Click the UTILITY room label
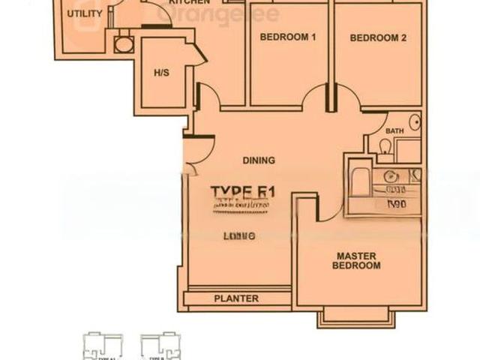pos(84,14)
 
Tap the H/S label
pos(160,73)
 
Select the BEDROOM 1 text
pos(288,37)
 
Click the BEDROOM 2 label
pos(378,37)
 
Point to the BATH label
pos(394,131)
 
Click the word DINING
pos(259,160)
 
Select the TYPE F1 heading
pos(242,192)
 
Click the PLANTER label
pos(236,298)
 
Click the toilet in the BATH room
pos(385,148)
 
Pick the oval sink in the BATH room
pos(414,122)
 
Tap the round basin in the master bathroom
pos(390,177)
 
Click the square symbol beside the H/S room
pos(123,45)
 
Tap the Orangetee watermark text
pos(217,14)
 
